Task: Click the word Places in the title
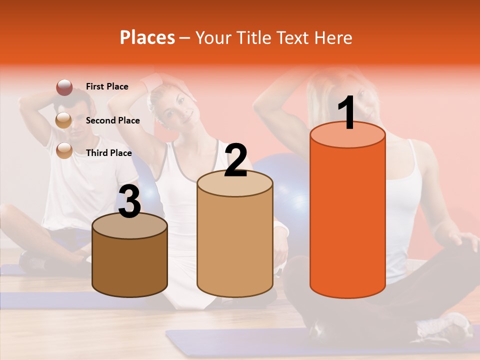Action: click(147, 37)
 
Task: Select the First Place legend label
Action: click(107, 86)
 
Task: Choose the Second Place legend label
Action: click(113, 120)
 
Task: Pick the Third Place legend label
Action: click(109, 153)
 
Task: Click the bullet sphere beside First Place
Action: click(64, 87)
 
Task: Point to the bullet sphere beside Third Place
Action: click(64, 150)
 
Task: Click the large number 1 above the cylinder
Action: click(346, 113)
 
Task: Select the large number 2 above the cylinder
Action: click(235, 160)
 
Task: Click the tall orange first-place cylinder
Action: click(347, 220)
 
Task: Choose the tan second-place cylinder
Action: click(235, 245)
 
